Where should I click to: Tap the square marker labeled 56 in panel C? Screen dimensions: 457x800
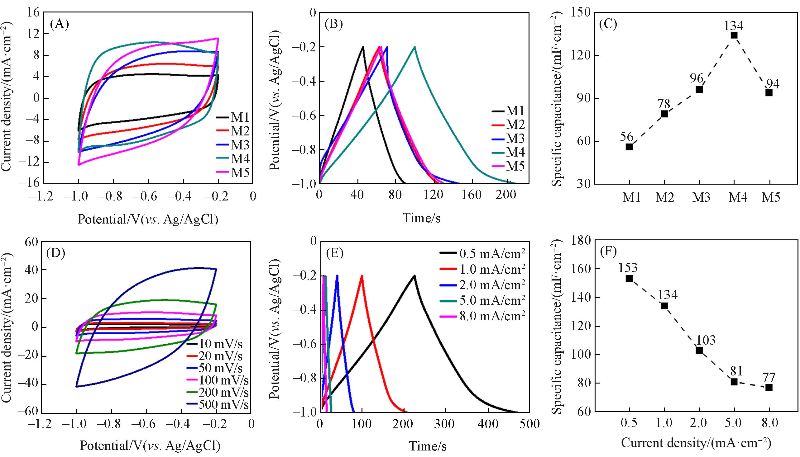(x=629, y=147)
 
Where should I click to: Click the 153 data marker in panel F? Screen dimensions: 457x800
(x=629, y=278)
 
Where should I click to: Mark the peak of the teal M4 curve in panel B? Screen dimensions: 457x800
(x=415, y=47)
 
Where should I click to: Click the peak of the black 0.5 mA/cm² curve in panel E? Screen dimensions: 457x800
(x=414, y=276)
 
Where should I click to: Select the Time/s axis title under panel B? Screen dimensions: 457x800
(x=421, y=218)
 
